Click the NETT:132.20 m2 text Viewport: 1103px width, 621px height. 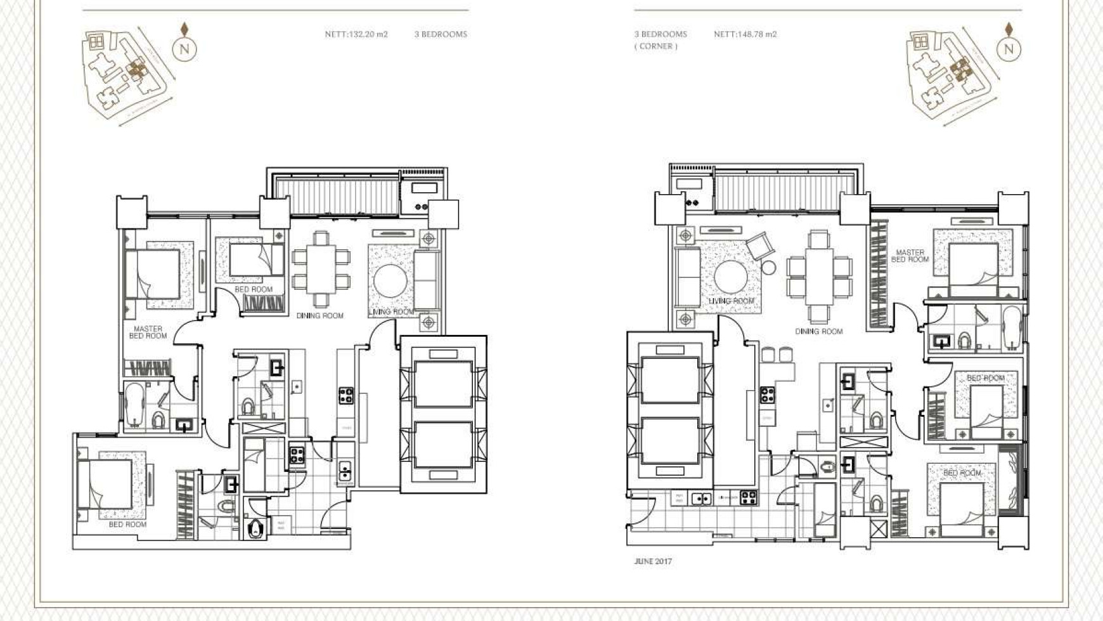click(x=356, y=34)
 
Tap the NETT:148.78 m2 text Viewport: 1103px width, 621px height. click(x=745, y=34)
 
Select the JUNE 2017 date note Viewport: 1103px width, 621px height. click(x=652, y=561)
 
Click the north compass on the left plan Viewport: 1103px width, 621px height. click(x=184, y=48)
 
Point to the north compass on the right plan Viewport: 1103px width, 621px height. click(x=1009, y=48)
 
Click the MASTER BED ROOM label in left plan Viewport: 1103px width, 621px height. click(x=148, y=332)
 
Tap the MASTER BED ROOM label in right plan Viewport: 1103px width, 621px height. click(x=910, y=256)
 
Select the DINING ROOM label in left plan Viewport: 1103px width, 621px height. click(x=320, y=315)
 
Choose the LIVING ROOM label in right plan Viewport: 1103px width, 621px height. click(x=731, y=301)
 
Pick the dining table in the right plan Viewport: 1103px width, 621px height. click(x=819, y=277)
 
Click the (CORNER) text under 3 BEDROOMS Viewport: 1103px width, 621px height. click(x=655, y=46)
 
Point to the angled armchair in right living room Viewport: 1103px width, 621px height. click(x=759, y=245)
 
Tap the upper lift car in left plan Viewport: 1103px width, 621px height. click(x=442, y=384)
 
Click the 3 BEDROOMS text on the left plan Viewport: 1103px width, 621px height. click(x=441, y=34)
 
